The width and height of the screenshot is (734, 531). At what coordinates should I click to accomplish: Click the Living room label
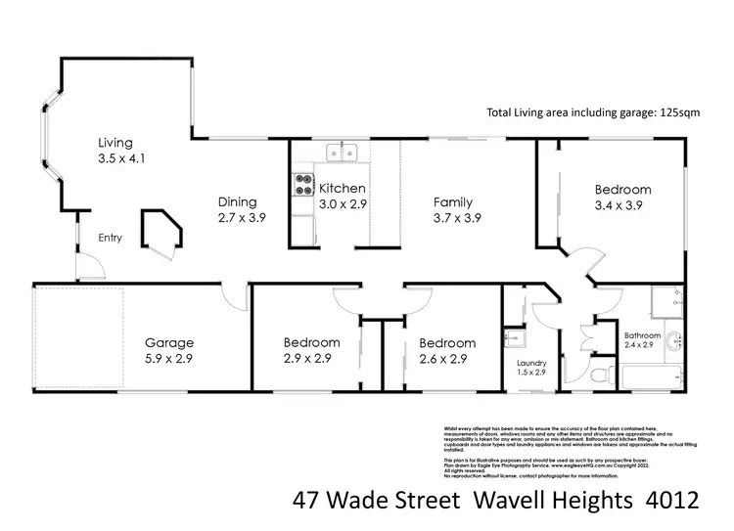tap(115, 143)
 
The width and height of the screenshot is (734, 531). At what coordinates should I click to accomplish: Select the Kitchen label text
tap(343, 188)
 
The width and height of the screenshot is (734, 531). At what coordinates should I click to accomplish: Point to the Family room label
tap(454, 202)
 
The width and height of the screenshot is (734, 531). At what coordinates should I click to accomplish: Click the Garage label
tap(169, 343)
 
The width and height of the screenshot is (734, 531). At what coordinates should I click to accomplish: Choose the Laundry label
tap(530, 364)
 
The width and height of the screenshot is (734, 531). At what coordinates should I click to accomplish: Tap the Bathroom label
tap(643, 335)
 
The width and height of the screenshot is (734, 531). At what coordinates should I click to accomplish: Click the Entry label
tap(111, 238)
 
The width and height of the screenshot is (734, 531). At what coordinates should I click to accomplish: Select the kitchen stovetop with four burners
tap(302, 185)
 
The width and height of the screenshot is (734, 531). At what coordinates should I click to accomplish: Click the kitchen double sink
tap(342, 153)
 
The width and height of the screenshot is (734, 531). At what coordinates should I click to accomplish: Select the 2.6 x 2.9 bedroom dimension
tap(447, 359)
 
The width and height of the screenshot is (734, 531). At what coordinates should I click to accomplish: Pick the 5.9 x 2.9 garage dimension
tap(169, 359)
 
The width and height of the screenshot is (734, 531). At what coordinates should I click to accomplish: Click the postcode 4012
tap(670, 501)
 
